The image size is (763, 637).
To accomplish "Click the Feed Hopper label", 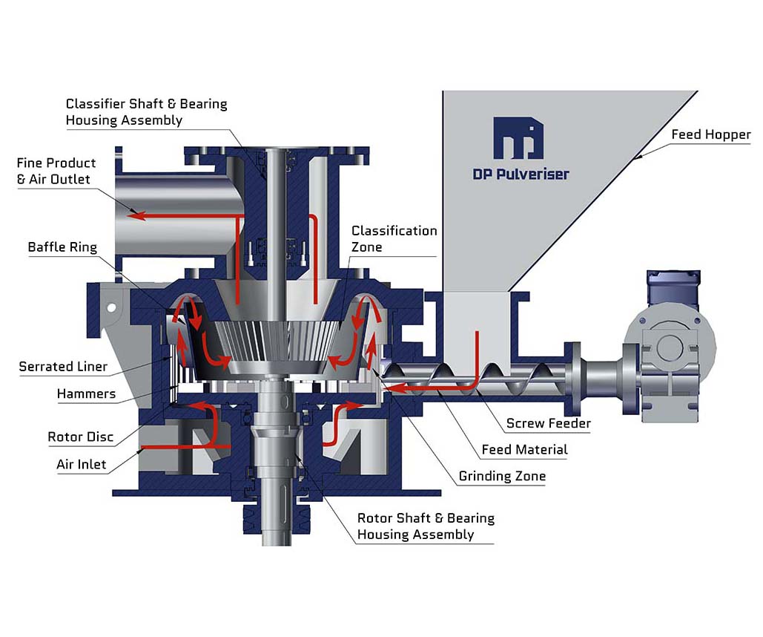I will coord(710,135).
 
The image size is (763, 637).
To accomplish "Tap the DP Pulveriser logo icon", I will coord(518,137).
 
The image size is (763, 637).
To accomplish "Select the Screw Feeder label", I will coord(548,424).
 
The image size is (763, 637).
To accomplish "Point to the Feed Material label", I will coord(524,449).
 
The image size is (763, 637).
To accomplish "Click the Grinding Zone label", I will coord(502,476).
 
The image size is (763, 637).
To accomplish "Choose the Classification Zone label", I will coord(394,238).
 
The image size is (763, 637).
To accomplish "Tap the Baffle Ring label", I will coord(62,247).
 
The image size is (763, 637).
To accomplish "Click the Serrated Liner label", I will coord(63,366).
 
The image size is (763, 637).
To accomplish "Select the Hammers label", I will coord(86,393).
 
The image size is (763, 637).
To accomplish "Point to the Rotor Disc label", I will coord(81,437).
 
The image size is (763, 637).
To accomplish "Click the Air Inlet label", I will coord(82,465).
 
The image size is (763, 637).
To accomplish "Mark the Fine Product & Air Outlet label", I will coord(56,171).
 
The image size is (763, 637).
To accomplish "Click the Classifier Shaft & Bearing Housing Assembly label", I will coord(146,111).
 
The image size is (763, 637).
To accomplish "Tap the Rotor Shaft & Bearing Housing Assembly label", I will coord(425,526).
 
